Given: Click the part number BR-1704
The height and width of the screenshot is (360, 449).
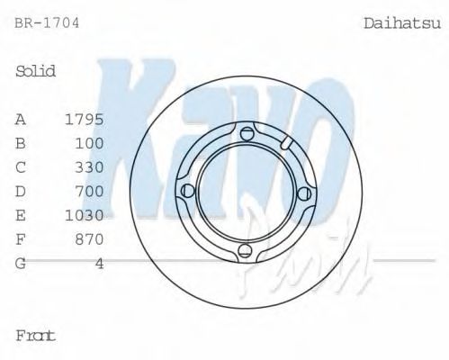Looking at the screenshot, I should pos(47,22).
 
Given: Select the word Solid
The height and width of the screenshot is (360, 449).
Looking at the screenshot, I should pos(36,71).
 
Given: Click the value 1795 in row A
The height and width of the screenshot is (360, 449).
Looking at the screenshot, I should pos(85,119).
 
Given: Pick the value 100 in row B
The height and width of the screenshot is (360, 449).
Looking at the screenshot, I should pos(91,143).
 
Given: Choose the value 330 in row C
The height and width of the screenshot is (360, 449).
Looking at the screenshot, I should pos(91,167).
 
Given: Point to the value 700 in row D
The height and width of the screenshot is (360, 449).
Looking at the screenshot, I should pos(91,191).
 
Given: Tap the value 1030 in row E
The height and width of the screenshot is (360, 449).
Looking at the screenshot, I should pos(85,215).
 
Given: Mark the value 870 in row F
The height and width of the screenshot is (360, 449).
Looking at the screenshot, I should pos(91,239).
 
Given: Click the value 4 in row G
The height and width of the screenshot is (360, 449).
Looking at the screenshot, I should pos(99,263).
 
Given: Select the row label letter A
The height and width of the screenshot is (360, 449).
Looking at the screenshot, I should pos(20,119).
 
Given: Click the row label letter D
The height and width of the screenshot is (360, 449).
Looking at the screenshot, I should pos(21,191).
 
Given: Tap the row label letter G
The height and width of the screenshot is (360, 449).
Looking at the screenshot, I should pos(21,263).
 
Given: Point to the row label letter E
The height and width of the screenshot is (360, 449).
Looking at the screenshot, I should pos(21,215).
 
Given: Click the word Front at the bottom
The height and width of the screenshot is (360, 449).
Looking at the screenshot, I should pos(36,336).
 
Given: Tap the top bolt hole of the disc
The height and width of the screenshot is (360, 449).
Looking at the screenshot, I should pos(246,134).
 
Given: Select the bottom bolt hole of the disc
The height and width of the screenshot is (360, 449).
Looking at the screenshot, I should pos(246,251).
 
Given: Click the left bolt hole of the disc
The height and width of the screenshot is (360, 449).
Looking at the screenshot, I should pos(187,192).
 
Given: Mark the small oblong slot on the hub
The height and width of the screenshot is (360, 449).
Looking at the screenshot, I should pos(286,143).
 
